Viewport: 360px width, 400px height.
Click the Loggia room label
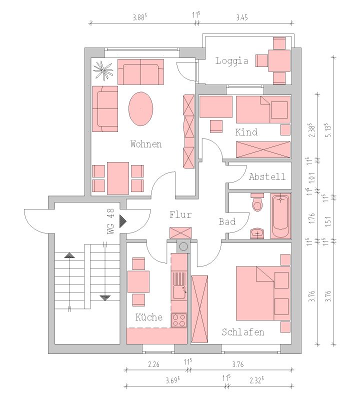[x=231, y=61]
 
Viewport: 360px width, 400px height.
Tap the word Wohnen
[x=146, y=144]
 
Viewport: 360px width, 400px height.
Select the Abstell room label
[x=267, y=176]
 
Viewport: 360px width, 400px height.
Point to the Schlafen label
[x=243, y=332]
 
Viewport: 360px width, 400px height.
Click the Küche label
[x=149, y=317]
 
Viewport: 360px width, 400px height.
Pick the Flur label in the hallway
[x=180, y=214]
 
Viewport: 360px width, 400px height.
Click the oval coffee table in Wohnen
[x=141, y=109]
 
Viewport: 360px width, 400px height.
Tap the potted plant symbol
[x=102, y=69]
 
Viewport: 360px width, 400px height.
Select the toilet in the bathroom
[x=257, y=202]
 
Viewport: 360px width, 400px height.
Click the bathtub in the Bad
[x=280, y=216]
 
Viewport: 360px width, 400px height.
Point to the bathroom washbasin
[x=257, y=233]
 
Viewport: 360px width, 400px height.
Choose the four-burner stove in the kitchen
[x=179, y=320]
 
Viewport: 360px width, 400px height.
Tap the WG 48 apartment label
[x=111, y=221]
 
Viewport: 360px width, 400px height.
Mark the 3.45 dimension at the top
[x=241, y=17]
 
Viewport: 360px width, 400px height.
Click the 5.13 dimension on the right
[x=328, y=130]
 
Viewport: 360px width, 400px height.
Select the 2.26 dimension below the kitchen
[x=153, y=364]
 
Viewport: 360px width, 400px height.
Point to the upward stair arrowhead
[x=69, y=255]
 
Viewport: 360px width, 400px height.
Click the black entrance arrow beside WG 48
[x=122, y=221]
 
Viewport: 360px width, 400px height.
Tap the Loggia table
[x=279, y=60]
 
